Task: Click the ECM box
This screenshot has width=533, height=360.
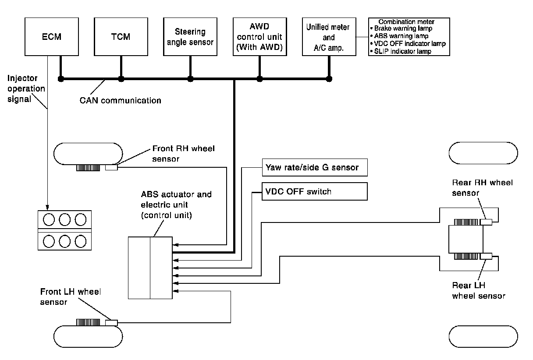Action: coord(53,37)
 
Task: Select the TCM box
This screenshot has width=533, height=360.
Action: coord(121,37)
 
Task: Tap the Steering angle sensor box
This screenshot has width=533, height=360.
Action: coord(190,37)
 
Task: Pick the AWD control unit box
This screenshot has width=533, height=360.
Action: coord(259,37)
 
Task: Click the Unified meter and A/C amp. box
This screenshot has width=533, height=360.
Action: coord(329,38)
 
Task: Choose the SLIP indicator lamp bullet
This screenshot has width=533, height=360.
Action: coord(402,51)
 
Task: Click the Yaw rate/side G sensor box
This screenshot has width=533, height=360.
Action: coord(314,168)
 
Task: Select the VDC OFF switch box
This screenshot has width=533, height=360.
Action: coord(314,191)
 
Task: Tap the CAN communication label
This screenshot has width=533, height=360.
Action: coord(120,100)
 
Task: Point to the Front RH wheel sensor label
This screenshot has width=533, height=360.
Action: coord(183,154)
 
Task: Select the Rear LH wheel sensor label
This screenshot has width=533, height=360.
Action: coord(478,291)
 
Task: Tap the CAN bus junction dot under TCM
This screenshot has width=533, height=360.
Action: coord(121,79)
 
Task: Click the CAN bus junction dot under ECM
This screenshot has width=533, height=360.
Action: coord(61,79)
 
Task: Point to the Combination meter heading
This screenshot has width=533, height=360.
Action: coord(406,21)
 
